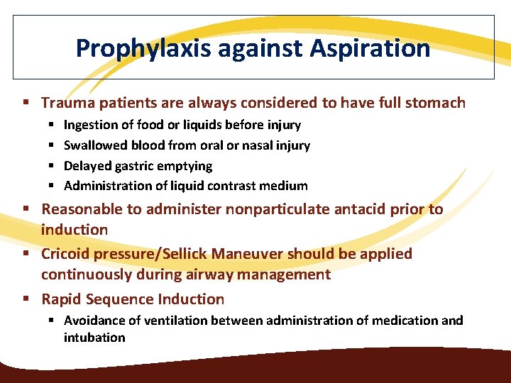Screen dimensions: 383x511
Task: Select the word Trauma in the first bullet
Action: [x=65, y=103]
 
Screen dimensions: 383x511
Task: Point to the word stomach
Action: [x=435, y=103]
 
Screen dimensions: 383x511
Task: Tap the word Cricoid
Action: [x=65, y=254]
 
